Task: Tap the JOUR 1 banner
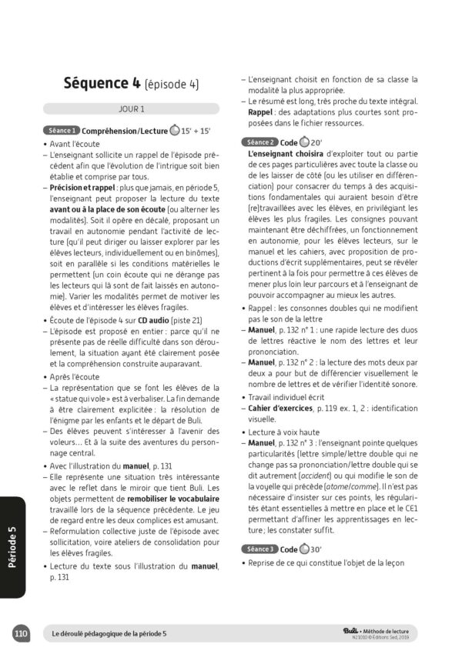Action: click(132, 108)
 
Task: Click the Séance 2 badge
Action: click(259, 142)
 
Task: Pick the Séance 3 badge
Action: click(259, 549)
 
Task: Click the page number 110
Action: click(21, 633)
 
